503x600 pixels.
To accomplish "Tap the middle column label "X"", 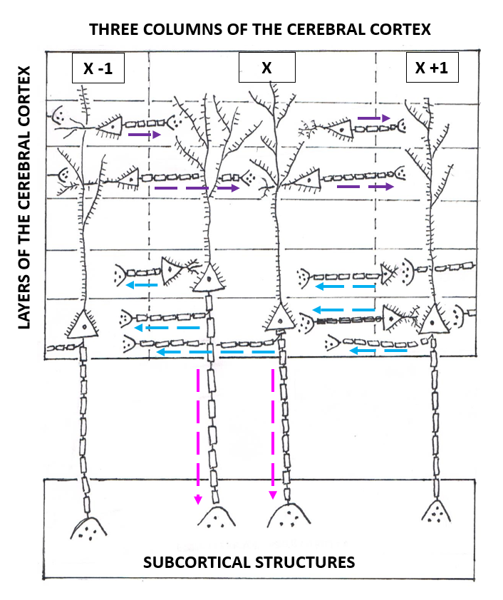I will tap(266, 68).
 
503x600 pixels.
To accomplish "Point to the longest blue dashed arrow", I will tap(217, 351).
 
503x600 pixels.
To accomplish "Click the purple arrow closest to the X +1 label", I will tap(374, 118).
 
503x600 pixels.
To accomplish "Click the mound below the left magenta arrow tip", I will tap(217, 519).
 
